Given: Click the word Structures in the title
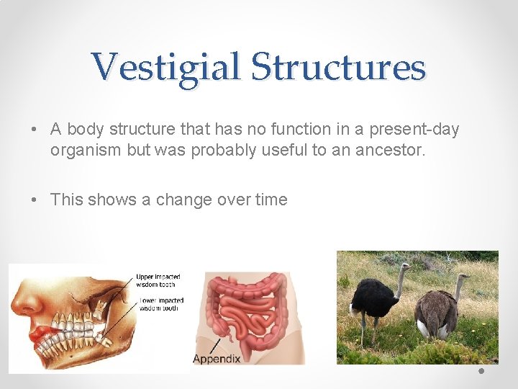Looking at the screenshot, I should click(338, 68).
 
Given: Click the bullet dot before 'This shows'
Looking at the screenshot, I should click(35, 200).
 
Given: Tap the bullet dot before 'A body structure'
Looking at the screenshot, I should click(35, 130).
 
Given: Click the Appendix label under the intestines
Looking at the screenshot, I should click(217, 358).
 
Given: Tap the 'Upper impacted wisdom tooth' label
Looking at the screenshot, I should click(158, 280).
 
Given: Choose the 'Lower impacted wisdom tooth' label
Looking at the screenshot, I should click(160, 303).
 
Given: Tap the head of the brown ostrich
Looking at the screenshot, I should click(465, 277).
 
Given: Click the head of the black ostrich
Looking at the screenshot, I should click(404, 267).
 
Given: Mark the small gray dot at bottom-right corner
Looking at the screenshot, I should click(481, 372).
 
